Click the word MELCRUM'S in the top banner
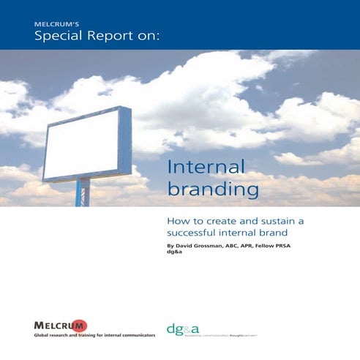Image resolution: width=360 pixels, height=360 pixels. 53,25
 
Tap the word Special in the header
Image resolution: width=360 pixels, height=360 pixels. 56,37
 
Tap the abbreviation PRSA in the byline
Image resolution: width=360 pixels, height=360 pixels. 303,247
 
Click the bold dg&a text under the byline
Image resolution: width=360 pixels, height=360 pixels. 175,255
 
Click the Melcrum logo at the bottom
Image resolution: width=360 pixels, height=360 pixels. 60,325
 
